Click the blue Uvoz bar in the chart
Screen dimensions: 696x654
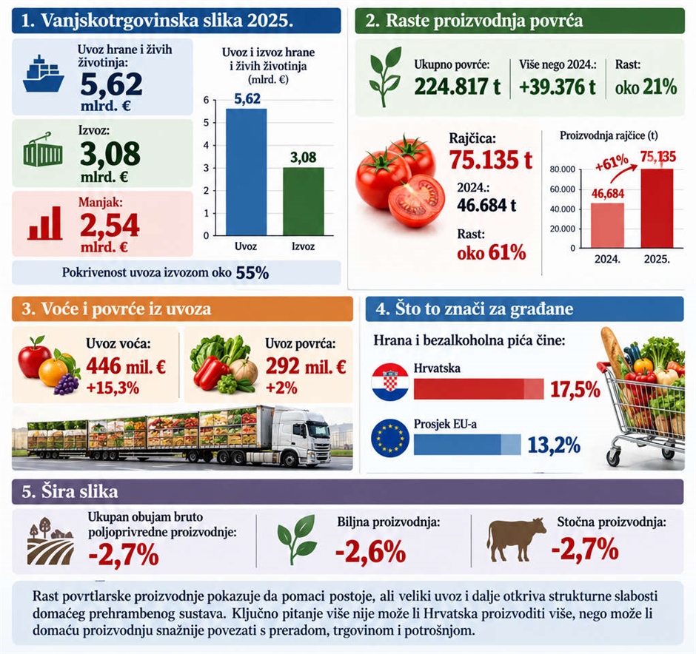(x=247, y=172)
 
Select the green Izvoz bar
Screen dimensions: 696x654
(x=304, y=201)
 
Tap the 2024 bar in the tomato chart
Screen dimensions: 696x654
(x=607, y=225)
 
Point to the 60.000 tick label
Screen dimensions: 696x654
(x=563, y=189)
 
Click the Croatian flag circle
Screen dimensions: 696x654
(x=389, y=382)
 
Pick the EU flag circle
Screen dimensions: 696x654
(x=389, y=438)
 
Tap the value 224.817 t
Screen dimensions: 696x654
(x=457, y=86)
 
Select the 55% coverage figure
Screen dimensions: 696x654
(x=252, y=273)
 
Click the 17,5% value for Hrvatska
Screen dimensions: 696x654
(x=575, y=389)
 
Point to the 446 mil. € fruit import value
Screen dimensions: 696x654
(x=126, y=366)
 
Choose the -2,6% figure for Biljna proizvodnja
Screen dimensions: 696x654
(x=371, y=552)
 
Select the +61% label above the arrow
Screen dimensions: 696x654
(x=612, y=163)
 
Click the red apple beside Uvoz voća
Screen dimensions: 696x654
(x=35, y=357)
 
